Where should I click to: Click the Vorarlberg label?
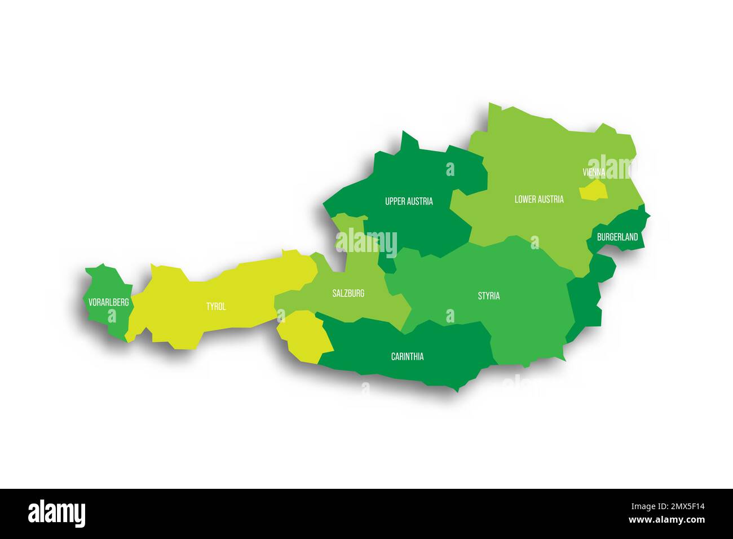click(109, 303)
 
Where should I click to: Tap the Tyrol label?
click(216, 307)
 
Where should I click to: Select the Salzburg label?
click(348, 293)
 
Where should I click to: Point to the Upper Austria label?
click(409, 201)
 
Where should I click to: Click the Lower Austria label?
click(538, 199)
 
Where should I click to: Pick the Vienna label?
click(594, 172)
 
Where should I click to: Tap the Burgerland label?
click(617, 237)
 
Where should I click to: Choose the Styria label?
click(488, 296)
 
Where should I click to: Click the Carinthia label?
click(407, 356)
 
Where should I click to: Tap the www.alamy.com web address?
click(666, 519)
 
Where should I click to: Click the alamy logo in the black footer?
click(56, 514)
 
